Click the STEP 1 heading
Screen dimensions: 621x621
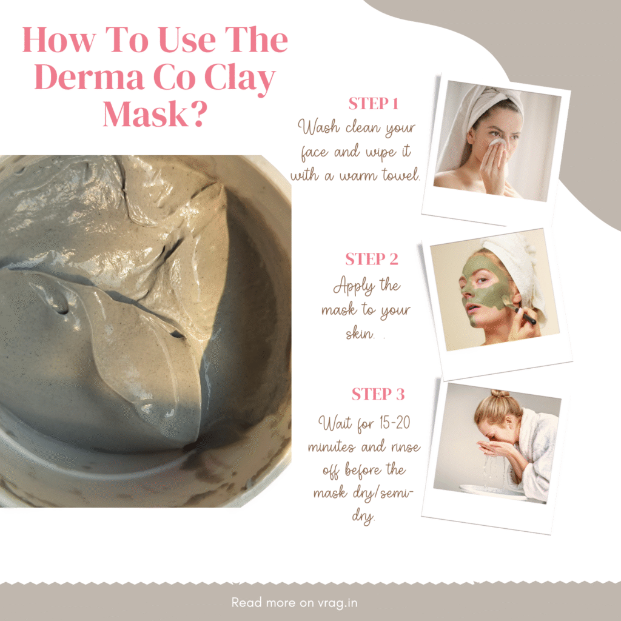point(373,103)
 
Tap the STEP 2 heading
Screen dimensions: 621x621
point(372,259)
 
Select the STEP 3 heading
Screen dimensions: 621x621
point(378,394)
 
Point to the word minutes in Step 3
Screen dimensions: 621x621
point(330,447)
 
